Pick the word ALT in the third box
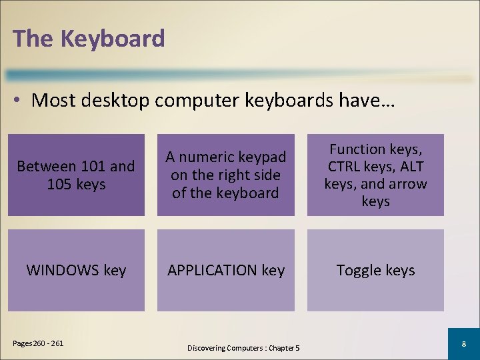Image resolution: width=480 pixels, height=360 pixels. coord(414,167)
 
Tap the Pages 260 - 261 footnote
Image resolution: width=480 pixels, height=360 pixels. coord(38,343)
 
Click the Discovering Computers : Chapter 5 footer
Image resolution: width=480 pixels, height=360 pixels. coord(243,348)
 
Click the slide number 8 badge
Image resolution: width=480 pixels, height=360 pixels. coord(463,344)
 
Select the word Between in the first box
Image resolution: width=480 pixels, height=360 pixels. coord(47,166)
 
